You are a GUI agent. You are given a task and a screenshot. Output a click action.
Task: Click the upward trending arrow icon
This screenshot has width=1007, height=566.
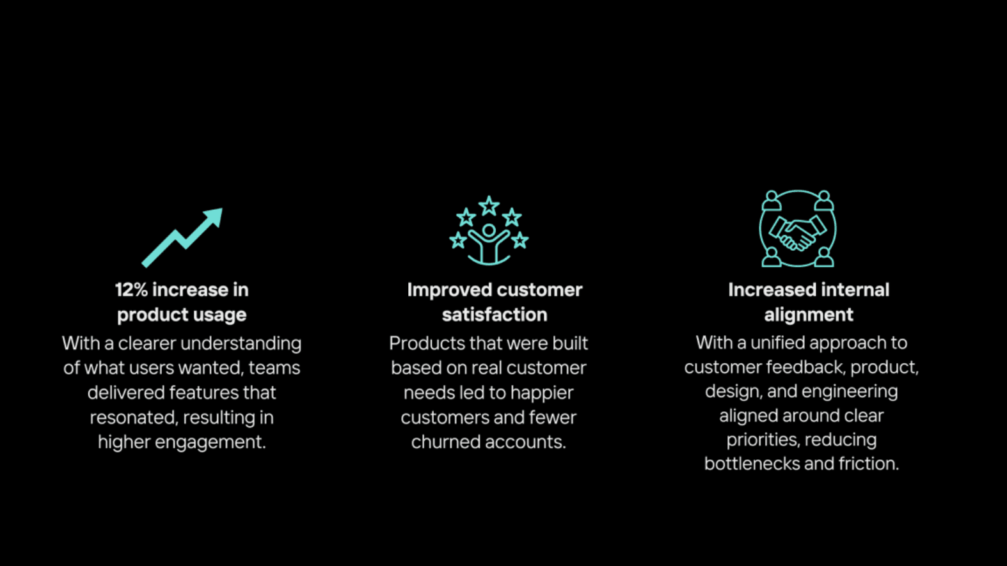(x=182, y=237)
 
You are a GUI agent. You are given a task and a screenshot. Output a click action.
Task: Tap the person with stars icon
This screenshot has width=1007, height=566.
(x=489, y=231)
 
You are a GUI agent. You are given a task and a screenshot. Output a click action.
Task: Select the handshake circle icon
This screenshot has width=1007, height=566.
(x=798, y=228)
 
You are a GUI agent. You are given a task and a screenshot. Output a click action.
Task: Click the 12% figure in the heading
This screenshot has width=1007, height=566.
(x=131, y=290)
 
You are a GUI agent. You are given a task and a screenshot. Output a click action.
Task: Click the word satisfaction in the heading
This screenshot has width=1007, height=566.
(x=495, y=315)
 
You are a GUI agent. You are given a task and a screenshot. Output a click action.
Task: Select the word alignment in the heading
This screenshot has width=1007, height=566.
(x=809, y=315)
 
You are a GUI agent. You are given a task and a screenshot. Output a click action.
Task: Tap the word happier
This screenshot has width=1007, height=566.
(x=541, y=393)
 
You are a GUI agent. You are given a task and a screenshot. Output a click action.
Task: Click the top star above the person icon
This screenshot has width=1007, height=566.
(x=489, y=205)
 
